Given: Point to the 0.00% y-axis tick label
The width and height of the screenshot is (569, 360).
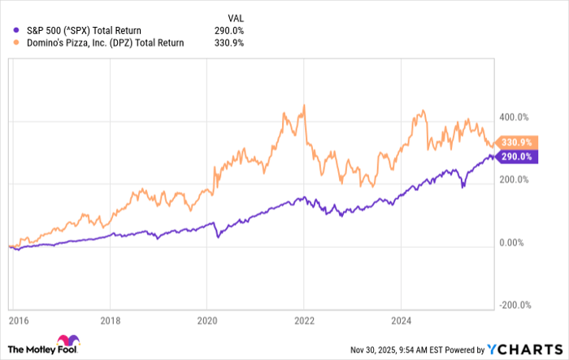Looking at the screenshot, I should [513, 243].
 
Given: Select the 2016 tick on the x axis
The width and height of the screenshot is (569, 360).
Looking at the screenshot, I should [16, 320].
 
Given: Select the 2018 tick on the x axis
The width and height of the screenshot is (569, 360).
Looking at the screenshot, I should [112, 320].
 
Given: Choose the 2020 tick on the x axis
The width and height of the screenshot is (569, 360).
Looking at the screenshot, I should [207, 320].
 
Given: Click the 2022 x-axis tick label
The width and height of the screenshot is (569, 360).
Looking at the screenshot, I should [303, 320].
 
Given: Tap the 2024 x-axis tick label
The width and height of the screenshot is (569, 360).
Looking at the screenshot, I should [399, 320].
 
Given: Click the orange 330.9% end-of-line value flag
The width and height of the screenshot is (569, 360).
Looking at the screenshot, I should [514, 142].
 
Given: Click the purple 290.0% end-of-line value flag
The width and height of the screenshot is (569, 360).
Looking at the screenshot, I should [514, 156].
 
